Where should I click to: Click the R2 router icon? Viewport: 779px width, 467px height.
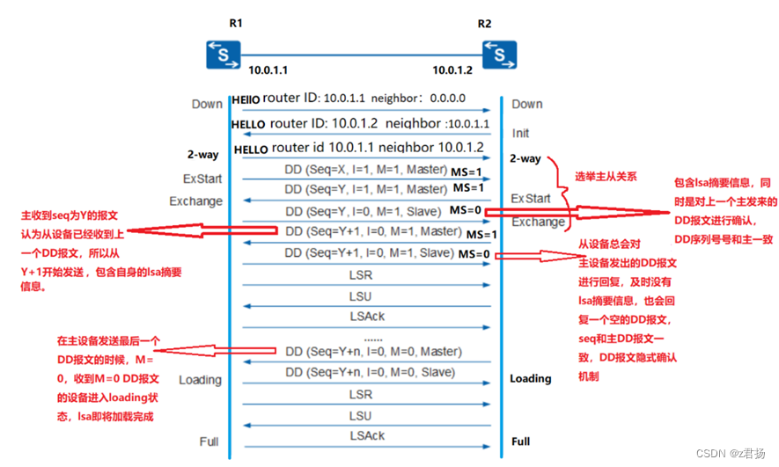[x=499, y=54]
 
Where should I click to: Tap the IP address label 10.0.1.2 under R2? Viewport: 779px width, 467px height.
[x=453, y=69]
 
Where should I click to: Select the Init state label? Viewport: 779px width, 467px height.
[x=521, y=134]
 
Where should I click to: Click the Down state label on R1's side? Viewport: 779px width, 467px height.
[x=207, y=104]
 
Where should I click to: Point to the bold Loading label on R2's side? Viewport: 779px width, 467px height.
[x=531, y=378]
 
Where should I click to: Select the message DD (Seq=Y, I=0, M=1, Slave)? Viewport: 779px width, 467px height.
[x=364, y=210]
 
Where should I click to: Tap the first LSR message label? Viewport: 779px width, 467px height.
[x=361, y=274]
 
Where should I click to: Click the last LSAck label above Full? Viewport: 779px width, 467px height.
[x=367, y=435]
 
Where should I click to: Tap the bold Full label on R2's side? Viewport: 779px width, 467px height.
[x=521, y=441]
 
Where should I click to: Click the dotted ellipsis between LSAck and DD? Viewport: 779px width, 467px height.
[x=373, y=339]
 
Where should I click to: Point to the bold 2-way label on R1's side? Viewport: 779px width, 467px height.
[x=202, y=155]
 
